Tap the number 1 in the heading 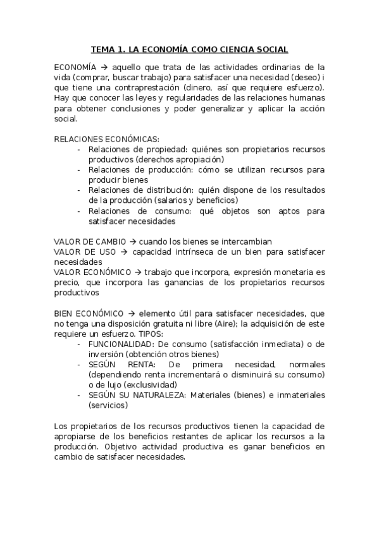point(120,49)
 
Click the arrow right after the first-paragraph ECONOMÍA point(104,66)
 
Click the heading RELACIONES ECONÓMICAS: point(106,139)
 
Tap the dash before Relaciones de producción point(78,170)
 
